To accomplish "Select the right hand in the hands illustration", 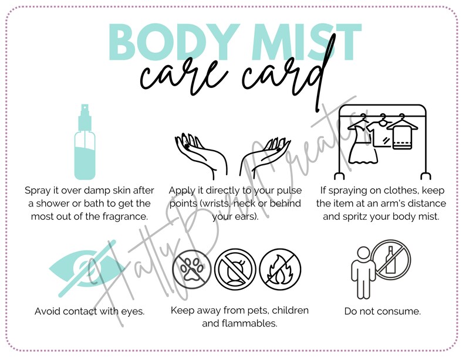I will pos(271,154).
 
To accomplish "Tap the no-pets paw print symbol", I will pos(191,270).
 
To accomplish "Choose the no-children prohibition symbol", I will pos(233,270).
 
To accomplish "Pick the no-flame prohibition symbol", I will pos(276,270).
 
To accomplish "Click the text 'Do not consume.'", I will pos(382,311).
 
